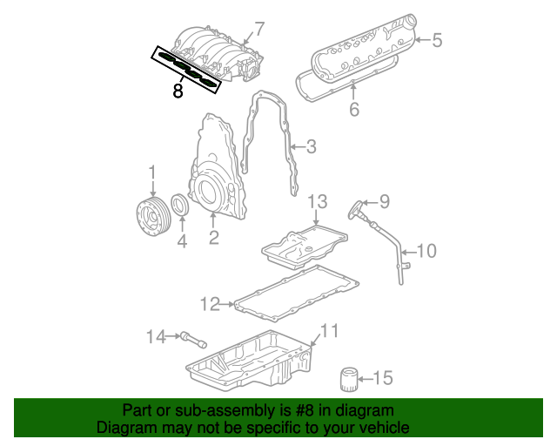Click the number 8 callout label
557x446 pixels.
(x=178, y=90)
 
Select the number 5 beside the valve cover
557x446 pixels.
(x=438, y=39)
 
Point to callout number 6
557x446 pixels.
(x=354, y=110)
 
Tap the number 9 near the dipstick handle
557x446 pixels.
(x=383, y=202)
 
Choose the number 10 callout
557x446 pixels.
(x=426, y=252)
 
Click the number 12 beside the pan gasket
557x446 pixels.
(x=210, y=304)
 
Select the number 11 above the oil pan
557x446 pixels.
(x=328, y=331)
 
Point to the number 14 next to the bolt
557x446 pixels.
(x=155, y=336)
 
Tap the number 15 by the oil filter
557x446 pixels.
(x=383, y=378)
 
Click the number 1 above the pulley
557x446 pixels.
(x=152, y=172)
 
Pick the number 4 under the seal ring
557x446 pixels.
(x=182, y=241)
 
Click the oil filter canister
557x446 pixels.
(x=349, y=380)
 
